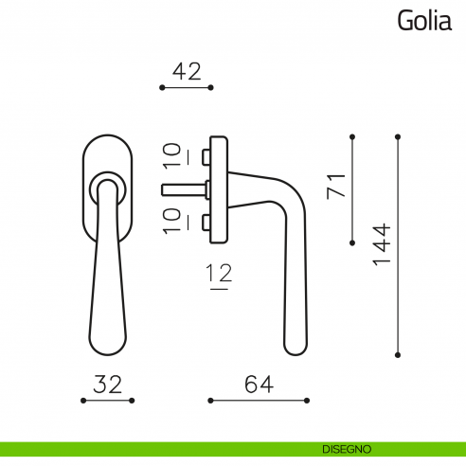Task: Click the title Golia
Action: point(423,20)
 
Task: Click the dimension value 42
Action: point(187,70)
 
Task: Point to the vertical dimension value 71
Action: point(334,183)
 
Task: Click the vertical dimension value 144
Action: point(381,246)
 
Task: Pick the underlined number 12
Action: point(219,276)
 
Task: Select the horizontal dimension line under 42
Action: point(187,87)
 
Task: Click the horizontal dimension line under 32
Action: point(108,401)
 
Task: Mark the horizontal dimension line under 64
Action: point(260,401)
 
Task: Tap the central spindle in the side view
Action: point(186,187)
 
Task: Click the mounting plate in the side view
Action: point(221,186)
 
